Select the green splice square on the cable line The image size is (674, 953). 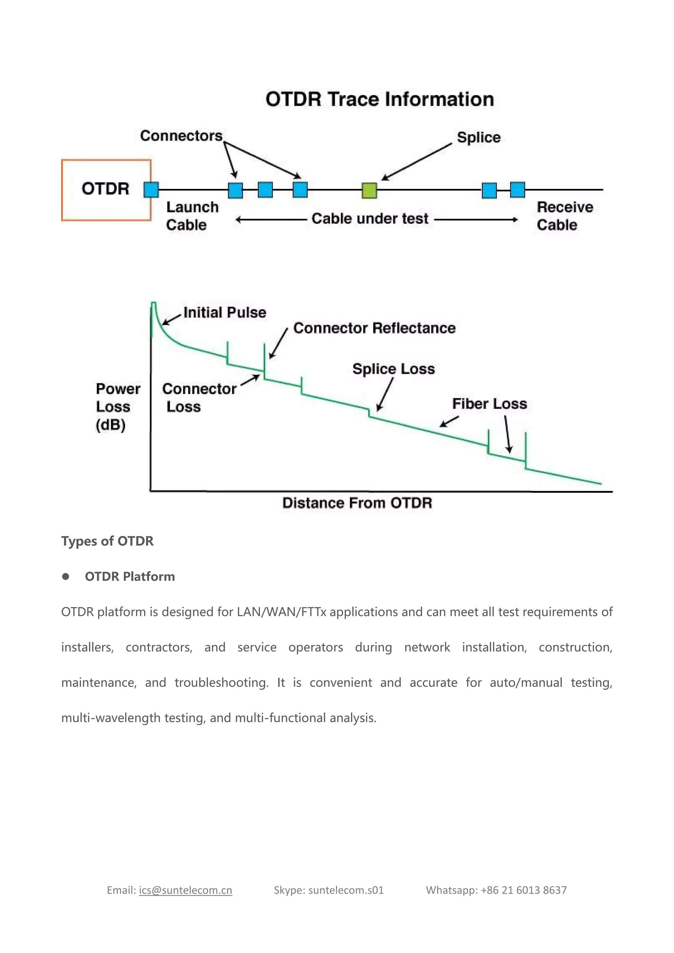pos(369,191)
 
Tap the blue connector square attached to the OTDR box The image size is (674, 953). pos(151,190)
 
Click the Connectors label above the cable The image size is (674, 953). pos(181,136)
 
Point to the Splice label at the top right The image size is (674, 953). pos(479,137)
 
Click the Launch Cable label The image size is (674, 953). pos(192,216)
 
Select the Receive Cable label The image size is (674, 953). pos(564,216)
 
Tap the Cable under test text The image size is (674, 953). pos(370,219)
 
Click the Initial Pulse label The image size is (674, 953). pos(224,313)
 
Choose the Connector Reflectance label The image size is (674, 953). pos(374,328)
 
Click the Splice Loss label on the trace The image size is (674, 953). pos(394,369)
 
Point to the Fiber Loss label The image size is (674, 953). pos(489,404)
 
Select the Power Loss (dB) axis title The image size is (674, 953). pos(117,407)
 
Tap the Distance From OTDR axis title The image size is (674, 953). pos(357,503)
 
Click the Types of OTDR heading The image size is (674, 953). pos(108,541)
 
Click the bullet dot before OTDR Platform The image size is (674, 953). pos(65,577)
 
